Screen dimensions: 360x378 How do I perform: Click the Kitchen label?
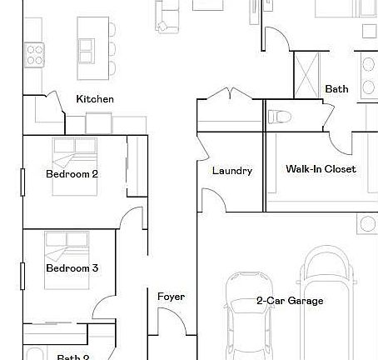pos(95,99)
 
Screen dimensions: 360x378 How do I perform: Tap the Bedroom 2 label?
pos(72,174)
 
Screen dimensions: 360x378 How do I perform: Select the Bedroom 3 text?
pos(72,268)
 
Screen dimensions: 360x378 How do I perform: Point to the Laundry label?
pos(231,171)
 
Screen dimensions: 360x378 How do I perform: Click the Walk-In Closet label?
pos(321,169)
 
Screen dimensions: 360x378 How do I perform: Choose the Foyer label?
pos(171,297)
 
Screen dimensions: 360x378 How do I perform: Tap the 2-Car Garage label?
pos(290,301)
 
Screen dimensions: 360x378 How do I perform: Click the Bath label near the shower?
pos(336,89)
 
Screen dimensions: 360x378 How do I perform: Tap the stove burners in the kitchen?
pos(34,55)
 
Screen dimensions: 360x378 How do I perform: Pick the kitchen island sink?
pos(86,51)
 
